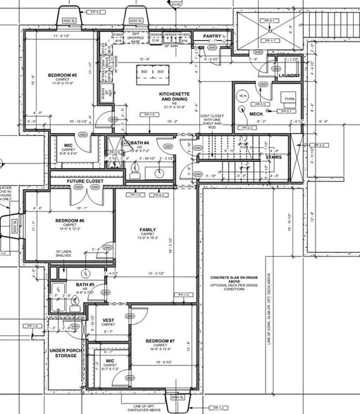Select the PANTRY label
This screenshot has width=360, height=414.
coord(212,35)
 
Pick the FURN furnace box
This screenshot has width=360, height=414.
coord(288,98)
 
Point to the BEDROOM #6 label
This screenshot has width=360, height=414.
coord(70,221)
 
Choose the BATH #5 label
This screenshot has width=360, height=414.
coord(85,285)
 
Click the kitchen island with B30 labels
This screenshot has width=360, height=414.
coord(152,72)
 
